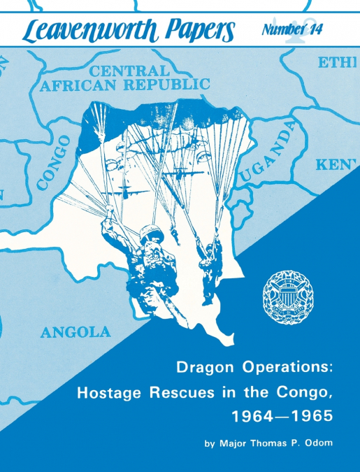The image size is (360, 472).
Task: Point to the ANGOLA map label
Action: click(75, 332)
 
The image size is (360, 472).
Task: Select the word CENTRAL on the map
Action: click(129, 71)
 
